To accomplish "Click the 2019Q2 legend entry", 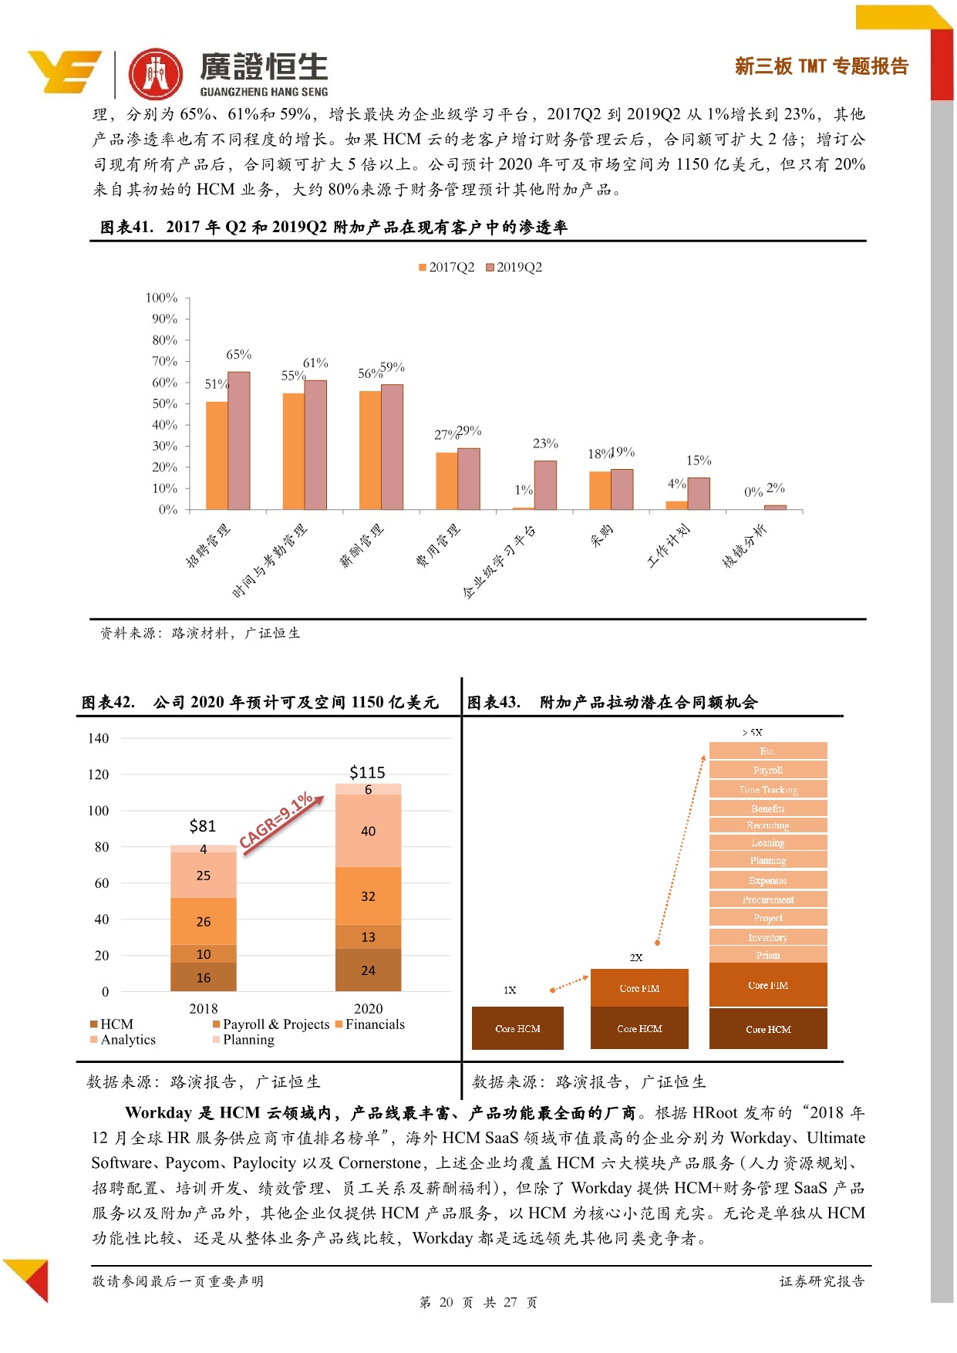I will (x=518, y=268).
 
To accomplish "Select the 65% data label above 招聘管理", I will (x=238, y=355).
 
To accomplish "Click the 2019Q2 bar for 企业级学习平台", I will (x=545, y=485).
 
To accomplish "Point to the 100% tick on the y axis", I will (x=161, y=298).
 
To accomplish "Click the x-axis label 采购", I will (x=602, y=535).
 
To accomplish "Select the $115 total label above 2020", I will (x=367, y=772).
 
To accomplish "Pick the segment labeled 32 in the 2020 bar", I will (x=368, y=896).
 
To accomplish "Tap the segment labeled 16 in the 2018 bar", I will (x=204, y=977).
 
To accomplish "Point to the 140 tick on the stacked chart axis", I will (x=98, y=738).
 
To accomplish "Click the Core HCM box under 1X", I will (x=517, y=1028).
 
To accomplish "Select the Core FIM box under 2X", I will (x=639, y=988).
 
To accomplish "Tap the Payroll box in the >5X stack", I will (x=768, y=770).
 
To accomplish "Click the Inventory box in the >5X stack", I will (x=768, y=937).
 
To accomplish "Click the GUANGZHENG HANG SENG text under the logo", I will (x=264, y=92).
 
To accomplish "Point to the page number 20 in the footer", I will (x=446, y=1302).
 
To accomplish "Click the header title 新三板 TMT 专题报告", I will (x=821, y=66).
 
